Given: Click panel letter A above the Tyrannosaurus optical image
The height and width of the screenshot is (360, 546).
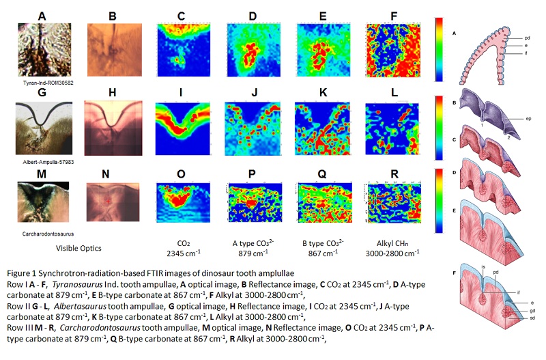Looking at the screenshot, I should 42,14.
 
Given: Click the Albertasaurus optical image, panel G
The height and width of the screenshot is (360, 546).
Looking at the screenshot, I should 42,131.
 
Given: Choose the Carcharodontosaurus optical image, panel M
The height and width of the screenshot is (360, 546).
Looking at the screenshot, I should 42,204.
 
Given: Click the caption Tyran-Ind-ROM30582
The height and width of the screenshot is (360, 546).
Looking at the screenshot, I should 43,81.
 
